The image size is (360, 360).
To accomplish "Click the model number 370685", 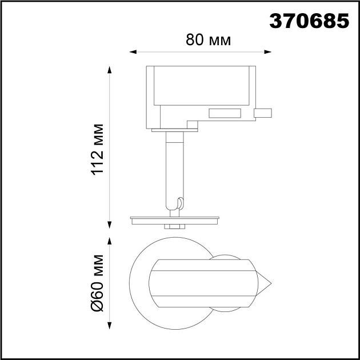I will click(x=309, y=21).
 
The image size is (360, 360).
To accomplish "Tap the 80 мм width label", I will click(x=208, y=40).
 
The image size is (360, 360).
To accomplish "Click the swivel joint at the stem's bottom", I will click(x=179, y=205).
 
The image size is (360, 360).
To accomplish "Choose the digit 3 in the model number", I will click(x=276, y=21).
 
